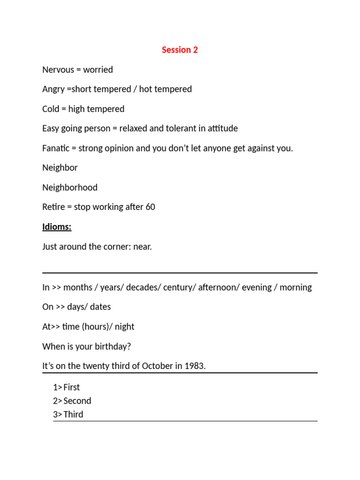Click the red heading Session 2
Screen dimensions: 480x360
(180, 50)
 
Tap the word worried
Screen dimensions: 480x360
(98, 70)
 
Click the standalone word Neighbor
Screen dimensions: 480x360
(60, 168)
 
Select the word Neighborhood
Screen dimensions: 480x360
(70, 187)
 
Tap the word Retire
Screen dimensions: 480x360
(53, 207)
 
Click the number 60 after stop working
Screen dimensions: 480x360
(150, 207)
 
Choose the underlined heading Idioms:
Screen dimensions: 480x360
(57, 227)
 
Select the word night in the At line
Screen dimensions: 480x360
(124, 327)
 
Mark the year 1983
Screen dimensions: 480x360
(195, 366)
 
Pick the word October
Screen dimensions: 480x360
(157, 366)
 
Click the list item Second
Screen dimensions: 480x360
(77, 401)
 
